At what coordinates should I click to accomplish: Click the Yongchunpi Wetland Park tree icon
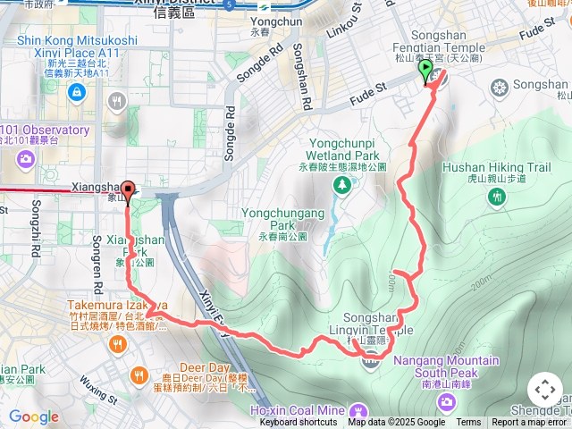(x=341, y=185)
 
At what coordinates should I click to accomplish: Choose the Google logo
(x=33, y=416)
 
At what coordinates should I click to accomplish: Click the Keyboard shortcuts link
(x=299, y=423)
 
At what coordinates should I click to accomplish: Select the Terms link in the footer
(x=468, y=423)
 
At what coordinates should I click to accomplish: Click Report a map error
(x=530, y=423)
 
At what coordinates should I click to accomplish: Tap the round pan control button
(x=544, y=391)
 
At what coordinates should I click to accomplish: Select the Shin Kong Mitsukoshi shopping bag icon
(x=77, y=92)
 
